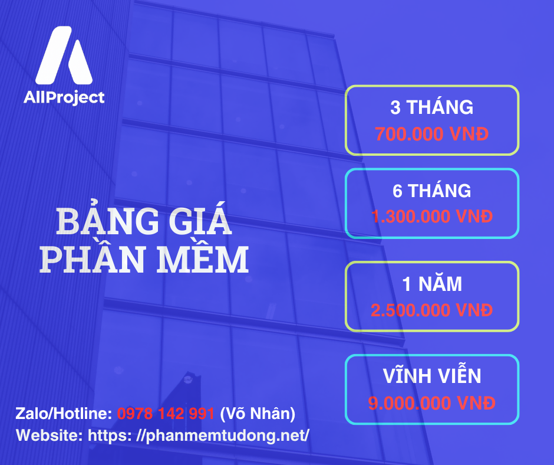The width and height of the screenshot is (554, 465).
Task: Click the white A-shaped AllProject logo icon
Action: [64, 56]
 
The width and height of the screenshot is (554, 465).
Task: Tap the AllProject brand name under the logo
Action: [64, 97]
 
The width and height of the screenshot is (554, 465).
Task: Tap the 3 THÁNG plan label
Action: [431, 107]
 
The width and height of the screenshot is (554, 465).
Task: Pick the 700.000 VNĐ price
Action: [431, 134]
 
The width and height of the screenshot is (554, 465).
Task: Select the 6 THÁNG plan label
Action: [431, 191]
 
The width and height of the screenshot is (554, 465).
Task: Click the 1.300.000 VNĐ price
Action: [431, 217]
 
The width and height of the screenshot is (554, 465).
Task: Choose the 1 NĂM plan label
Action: [431, 284]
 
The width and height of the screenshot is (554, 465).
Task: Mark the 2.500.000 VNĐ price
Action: [431, 310]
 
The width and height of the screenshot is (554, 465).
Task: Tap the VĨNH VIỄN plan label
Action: [431, 376]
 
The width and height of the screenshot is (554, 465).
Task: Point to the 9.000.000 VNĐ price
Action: [431, 403]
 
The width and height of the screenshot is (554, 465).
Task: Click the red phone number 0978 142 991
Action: [166, 414]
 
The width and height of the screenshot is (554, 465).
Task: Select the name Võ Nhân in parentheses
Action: [258, 414]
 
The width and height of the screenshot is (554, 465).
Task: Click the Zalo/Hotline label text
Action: [64, 414]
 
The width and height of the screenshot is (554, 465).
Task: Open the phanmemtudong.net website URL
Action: [198, 435]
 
